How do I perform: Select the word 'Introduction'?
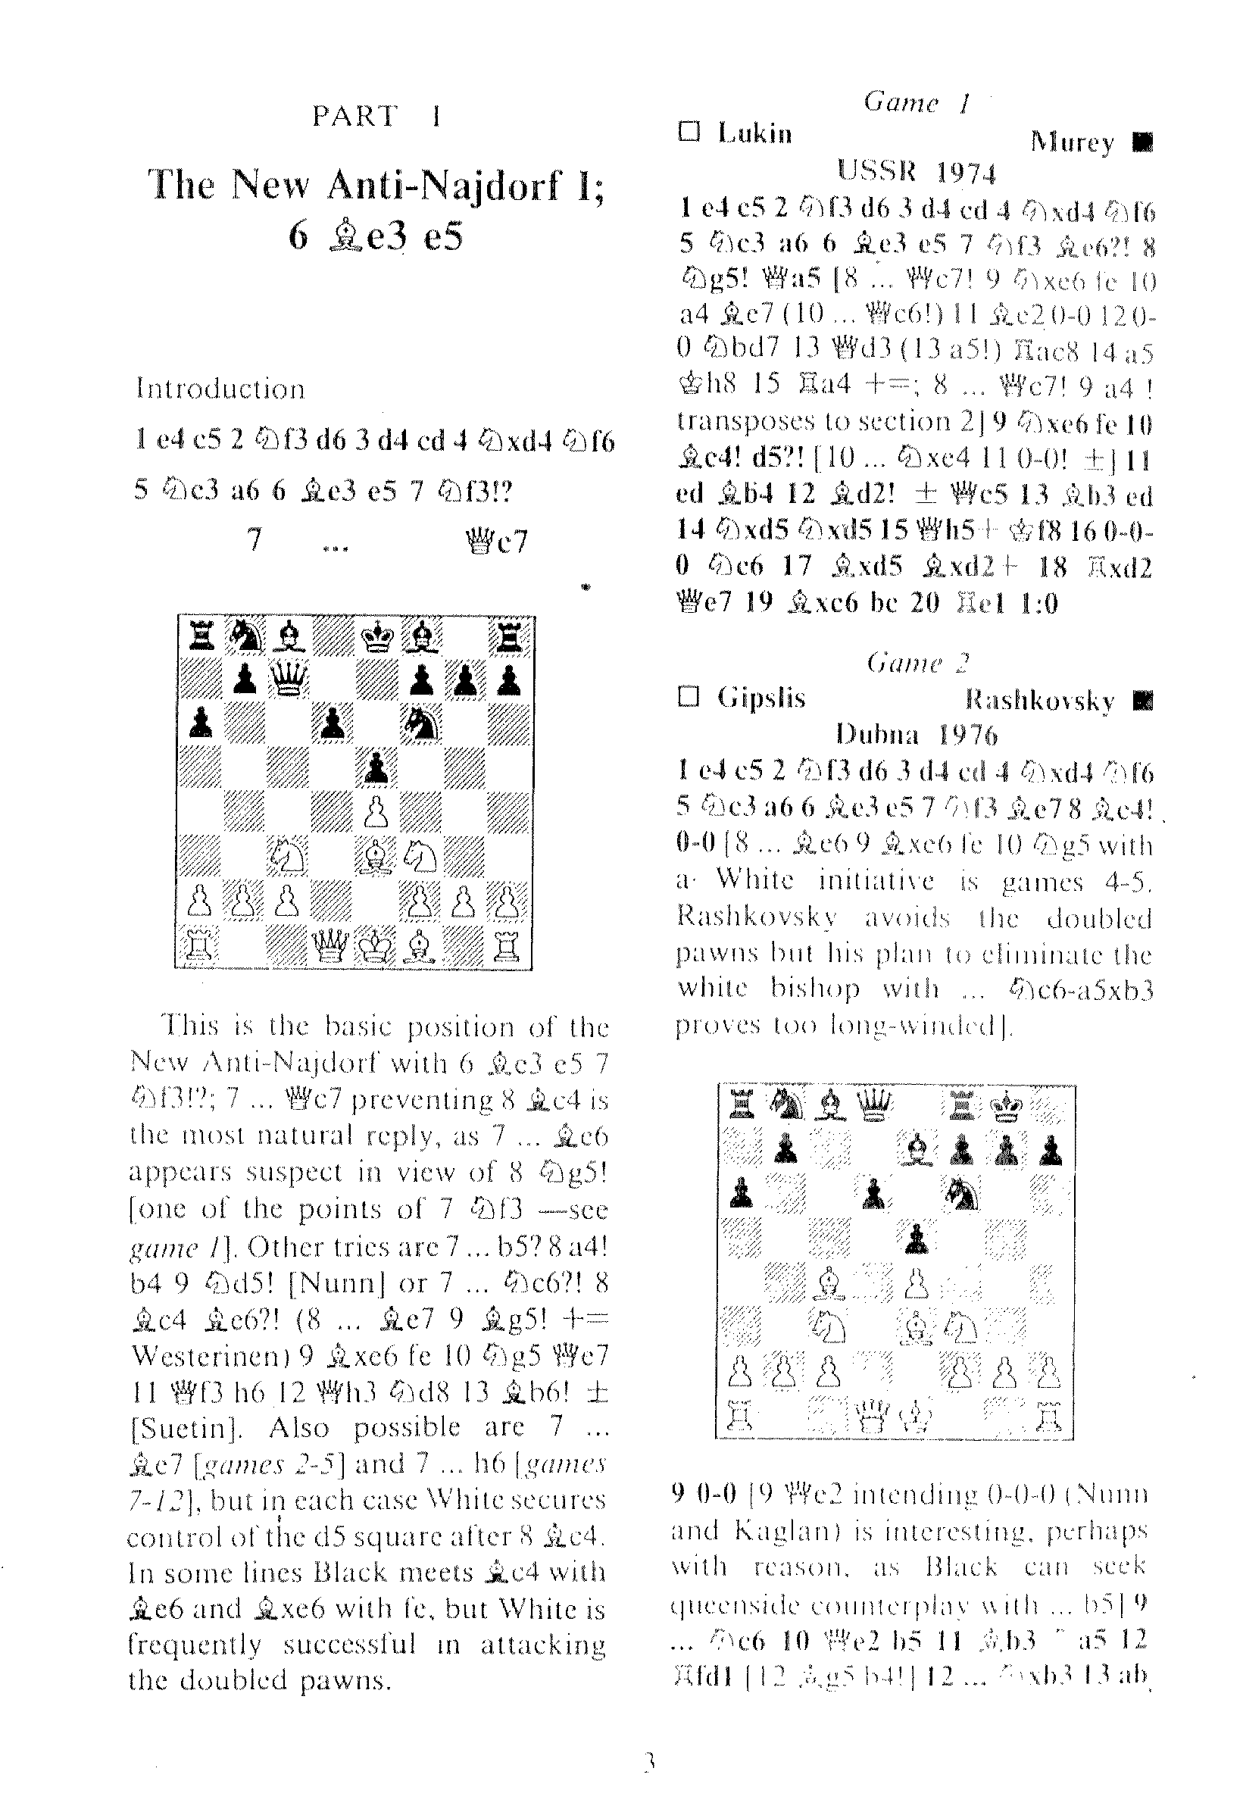[x=220, y=389]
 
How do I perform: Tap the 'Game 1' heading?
[x=916, y=102]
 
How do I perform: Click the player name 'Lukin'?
[x=754, y=134]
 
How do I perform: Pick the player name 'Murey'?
[x=1072, y=142]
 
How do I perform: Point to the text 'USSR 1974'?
[x=917, y=171]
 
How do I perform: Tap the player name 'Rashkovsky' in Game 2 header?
[x=1039, y=699]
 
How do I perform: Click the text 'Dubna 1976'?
[x=916, y=734]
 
